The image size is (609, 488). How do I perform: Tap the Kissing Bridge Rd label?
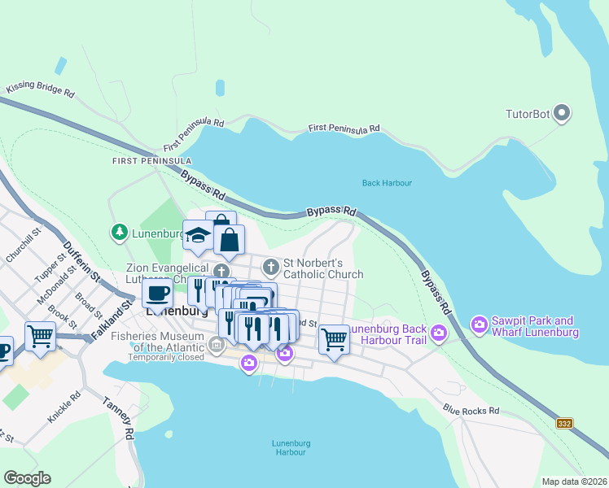(40, 89)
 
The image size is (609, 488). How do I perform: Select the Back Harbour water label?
(387, 183)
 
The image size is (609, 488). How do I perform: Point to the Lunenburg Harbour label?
(289, 447)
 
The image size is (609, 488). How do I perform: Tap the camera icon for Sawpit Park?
(479, 326)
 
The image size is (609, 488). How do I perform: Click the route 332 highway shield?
(565, 424)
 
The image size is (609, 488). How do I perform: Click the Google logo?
(28, 478)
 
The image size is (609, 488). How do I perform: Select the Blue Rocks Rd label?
(471, 411)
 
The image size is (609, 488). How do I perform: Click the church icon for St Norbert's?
(270, 266)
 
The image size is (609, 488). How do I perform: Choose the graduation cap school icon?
(198, 236)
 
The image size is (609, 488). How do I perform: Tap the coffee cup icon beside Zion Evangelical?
(156, 293)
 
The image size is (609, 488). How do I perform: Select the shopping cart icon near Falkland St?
(40, 334)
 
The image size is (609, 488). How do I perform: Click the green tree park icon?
(120, 233)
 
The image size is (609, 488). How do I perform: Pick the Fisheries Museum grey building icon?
(217, 346)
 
